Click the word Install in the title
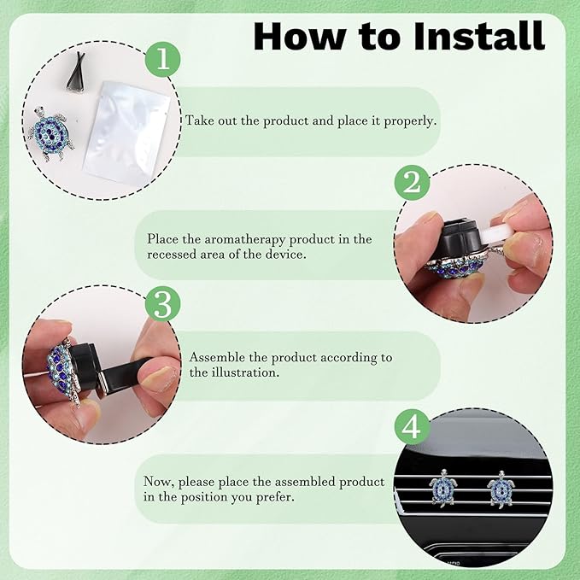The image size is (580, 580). point(479,36)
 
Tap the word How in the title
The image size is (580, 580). point(298,36)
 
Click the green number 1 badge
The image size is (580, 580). point(163,59)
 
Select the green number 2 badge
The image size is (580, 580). point(412,182)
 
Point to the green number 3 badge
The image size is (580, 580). point(163,304)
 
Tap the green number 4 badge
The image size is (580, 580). point(412,427)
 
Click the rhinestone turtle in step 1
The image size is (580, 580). point(50,134)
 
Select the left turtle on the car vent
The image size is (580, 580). point(443,488)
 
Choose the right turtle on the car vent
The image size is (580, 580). point(501,489)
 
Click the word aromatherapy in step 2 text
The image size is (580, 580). point(245,240)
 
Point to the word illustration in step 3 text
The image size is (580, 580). point(245,372)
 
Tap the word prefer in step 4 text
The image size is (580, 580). point(275,497)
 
